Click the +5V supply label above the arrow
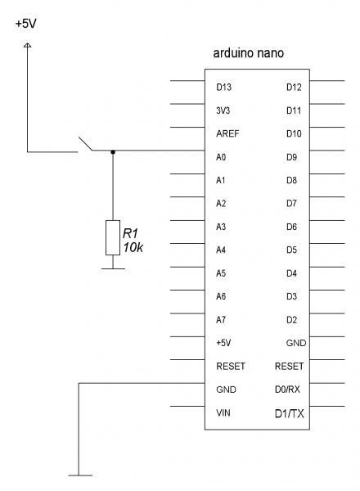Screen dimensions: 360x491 coord(26,24)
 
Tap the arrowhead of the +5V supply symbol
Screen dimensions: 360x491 coord(28,45)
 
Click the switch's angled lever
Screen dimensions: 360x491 coord(85,143)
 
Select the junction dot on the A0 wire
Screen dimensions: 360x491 coord(113,152)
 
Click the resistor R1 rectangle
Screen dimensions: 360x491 coord(113,237)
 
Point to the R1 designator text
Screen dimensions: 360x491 coord(130,233)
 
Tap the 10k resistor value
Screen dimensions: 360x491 coord(133,247)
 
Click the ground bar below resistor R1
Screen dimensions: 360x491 coord(113,268)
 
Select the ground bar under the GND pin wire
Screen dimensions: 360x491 coord(80,475)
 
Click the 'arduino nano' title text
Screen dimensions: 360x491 coord(248,53)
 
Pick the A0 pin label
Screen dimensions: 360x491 coord(221,157)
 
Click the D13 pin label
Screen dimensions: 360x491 coord(224,87)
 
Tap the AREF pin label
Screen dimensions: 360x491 coord(227,133)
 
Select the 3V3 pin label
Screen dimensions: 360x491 coord(223,110)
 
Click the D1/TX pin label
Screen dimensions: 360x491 coord(290,413)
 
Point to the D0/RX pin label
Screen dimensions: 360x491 coord(287,390)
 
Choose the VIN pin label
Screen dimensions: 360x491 coord(223,412)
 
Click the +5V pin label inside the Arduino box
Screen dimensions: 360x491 coord(223,343)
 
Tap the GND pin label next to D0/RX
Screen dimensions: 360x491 coord(226,390)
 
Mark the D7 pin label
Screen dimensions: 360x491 coord(291,204)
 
